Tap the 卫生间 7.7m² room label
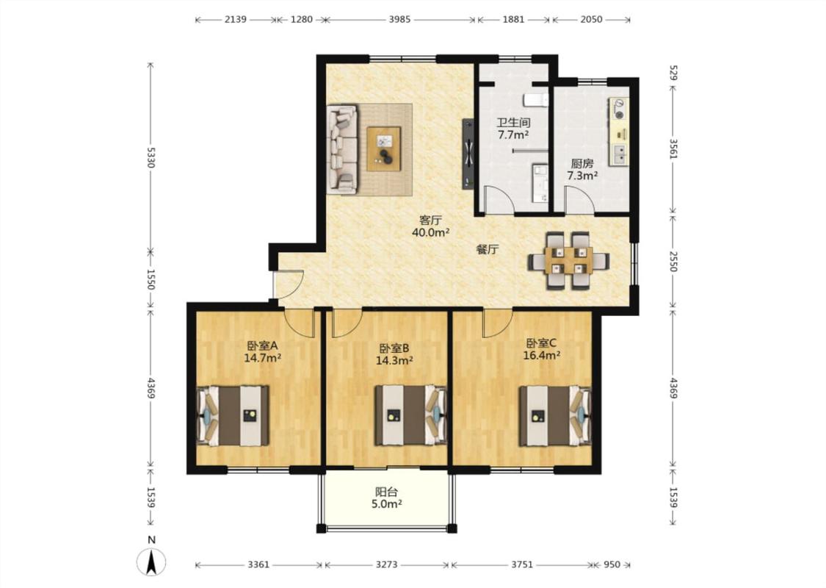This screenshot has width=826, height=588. [x=513, y=128]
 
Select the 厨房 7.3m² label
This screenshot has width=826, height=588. [x=582, y=169]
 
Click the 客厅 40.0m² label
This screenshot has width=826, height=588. [x=430, y=226]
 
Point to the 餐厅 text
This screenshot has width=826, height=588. [x=487, y=249]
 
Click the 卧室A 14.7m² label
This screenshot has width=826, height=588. [x=262, y=352]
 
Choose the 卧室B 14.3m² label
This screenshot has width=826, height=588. [x=394, y=354]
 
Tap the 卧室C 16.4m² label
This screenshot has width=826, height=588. [x=541, y=349]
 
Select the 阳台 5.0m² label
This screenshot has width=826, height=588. [x=387, y=498]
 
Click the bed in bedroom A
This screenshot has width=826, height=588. [x=232, y=415]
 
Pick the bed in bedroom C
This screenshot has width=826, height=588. [x=555, y=415]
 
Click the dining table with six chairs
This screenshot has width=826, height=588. [x=569, y=260]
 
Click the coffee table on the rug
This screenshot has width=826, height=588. [x=383, y=148]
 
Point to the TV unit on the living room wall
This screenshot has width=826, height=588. [x=468, y=154]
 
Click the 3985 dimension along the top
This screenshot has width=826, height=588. [x=399, y=20]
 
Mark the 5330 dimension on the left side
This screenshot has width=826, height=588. [x=151, y=157]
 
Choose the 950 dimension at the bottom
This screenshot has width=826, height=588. [x=612, y=564]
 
